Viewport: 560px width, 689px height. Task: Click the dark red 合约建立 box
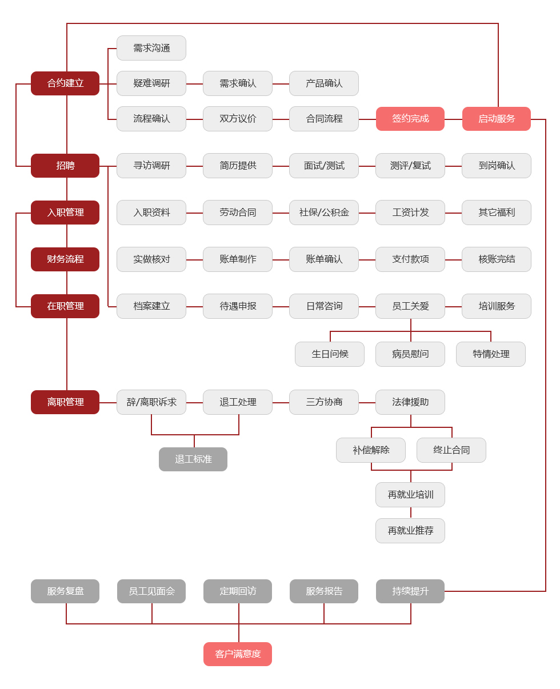pyautogui.click(x=65, y=83)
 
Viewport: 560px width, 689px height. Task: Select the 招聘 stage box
pyautogui.click(x=65, y=166)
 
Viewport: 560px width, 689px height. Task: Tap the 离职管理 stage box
pyautogui.click(x=65, y=402)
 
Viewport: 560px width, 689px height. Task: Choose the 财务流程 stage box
pyautogui.click(x=65, y=259)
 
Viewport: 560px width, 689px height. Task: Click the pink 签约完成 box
pyautogui.click(x=410, y=119)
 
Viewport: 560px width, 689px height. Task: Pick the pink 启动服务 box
pyautogui.click(x=497, y=119)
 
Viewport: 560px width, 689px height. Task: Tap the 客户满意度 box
pyautogui.click(x=238, y=654)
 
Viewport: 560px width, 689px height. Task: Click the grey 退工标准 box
pyautogui.click(x=193, y=459)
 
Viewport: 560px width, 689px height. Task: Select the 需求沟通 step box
pyautogui.click(x=151, y=48)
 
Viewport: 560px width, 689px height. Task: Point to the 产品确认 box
pyautogui.click(x=324, y=83)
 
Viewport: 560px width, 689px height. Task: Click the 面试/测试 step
pyautogui.click(x=324, y=166)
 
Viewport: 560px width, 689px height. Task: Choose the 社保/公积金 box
pyautogui.click(x=324, y=213)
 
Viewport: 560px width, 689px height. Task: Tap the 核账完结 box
pyautogui.click(x=497, y=259)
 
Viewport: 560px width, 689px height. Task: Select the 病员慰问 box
pyautogui.click(x=410, y=354)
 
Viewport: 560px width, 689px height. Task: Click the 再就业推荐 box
pyautogui.click(x=410, y=531)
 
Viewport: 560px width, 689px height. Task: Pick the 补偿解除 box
pyautogui.click(x=371, y=450)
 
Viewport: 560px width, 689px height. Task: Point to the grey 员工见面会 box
pyautogui.click(x=151, y=591)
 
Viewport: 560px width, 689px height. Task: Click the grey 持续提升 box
pyautogui.click(x=410, y=591)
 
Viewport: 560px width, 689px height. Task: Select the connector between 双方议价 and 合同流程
pyautogui.click(x=281, y=119)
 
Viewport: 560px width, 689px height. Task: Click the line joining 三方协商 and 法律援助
pyautogui.click(x=367, y=403)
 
